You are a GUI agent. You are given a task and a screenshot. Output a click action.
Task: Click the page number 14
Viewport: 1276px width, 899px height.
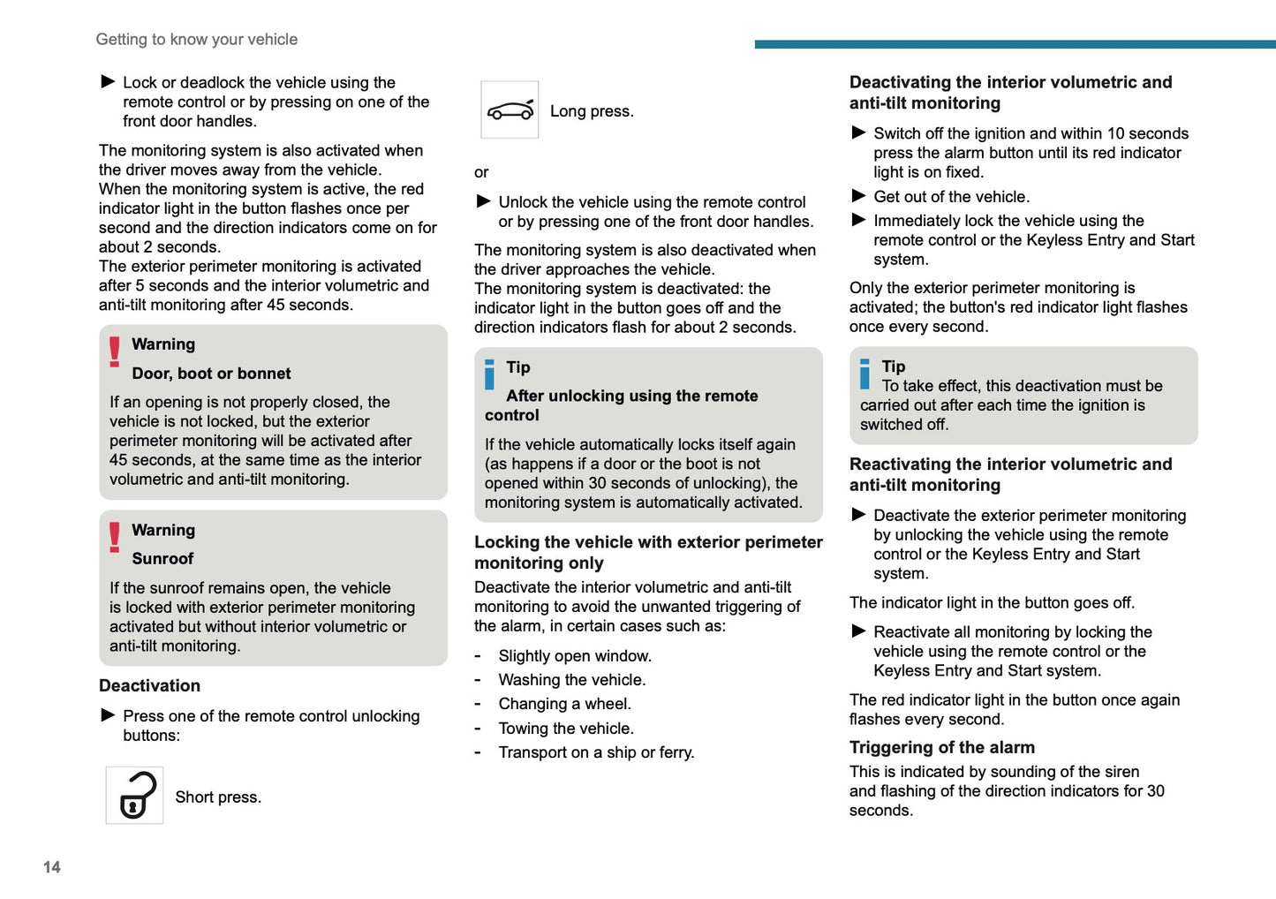[x=52, y=867]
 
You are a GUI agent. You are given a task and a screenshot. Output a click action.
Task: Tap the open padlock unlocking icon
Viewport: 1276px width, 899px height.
[x=135, y=795]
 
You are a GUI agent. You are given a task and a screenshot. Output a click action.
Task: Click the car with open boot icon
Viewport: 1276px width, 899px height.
[x=510, y=110]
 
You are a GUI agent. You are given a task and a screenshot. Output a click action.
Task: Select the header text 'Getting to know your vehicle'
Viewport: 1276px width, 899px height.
[x=197, y=40]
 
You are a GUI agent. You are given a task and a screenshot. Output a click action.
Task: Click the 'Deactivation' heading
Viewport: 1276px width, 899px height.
[x=149, y=685]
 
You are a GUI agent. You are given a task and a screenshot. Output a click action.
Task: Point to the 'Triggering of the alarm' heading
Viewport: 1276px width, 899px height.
[x=941, y=747]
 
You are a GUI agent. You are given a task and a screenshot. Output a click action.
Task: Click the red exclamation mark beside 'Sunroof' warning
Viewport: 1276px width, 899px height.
[x=115, y=537]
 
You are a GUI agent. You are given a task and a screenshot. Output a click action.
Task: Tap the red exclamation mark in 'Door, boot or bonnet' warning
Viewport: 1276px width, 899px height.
[x=115, y=351]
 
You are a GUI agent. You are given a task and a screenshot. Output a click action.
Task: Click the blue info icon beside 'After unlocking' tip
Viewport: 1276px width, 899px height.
[x=489, y=374]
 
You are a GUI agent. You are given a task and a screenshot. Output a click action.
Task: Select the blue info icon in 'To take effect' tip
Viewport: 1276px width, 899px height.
[x=865, y=374]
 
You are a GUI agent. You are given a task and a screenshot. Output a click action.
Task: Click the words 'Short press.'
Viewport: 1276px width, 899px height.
[x=218, y=797]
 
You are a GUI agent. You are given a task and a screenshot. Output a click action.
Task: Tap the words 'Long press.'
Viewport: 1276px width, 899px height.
[x=592, y=111]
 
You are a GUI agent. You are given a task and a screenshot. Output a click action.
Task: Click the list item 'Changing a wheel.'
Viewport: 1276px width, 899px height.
[x=564, y=704]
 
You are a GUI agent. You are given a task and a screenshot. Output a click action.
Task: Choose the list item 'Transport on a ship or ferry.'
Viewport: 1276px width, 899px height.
[x=596, y=752]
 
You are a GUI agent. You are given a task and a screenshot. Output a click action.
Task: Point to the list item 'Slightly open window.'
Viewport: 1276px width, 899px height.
[x=575, y=656]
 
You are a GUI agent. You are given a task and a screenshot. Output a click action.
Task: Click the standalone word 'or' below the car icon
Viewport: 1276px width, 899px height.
[x=481, y=172]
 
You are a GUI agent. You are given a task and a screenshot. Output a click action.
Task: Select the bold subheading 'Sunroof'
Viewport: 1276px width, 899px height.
[x=162, y=559]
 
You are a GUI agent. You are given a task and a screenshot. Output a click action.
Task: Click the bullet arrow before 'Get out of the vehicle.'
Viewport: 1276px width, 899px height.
[x=858, y=196]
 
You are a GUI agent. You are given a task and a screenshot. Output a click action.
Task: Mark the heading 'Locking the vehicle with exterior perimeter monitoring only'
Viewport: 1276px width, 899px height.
[x=648, y=552]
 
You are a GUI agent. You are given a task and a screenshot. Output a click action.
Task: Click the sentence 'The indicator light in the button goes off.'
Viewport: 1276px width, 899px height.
[x=992, y=603]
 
